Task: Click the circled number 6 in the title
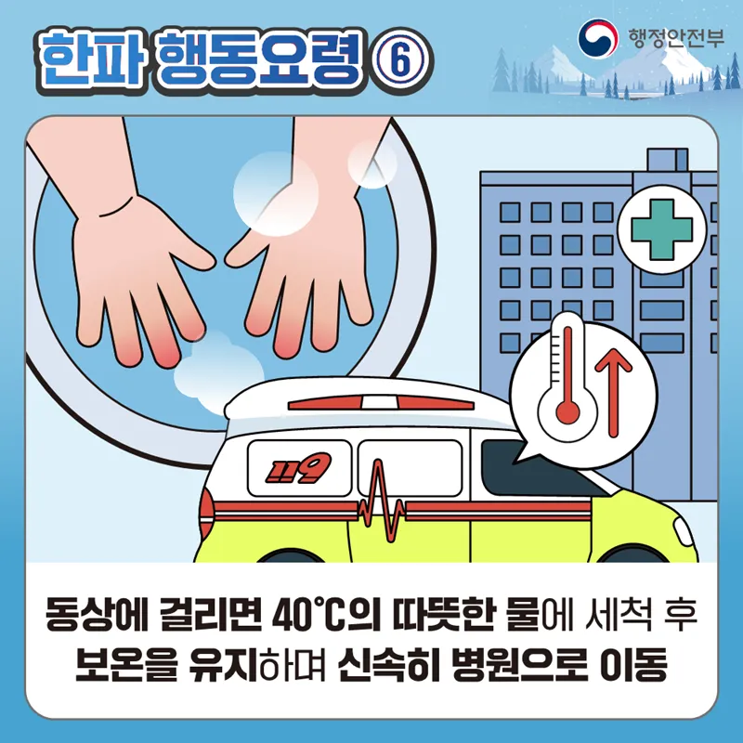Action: (400, 60)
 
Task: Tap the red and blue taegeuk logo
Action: (597, 37)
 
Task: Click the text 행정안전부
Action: (676, 38)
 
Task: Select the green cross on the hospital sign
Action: (662, 229)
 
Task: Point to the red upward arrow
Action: (614, 392)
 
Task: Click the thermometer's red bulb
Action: (567, 412)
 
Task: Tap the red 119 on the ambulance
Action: (298, 468)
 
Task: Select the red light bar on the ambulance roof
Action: (382, 403)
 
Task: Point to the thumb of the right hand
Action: (246, 247)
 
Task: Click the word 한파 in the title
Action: (91, 60)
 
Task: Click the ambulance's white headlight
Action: (684, 531)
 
